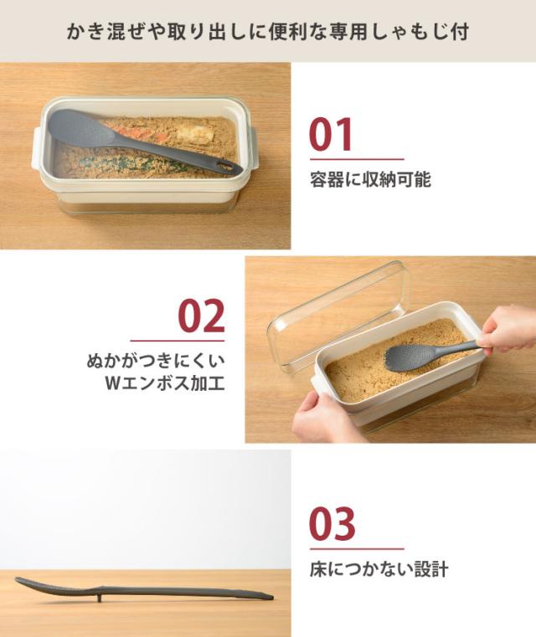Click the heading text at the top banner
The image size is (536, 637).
click(x=268, y=31)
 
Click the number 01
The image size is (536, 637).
click(x=331, y=136)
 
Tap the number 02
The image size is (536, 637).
click(x=201, y=316)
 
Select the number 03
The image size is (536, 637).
click(x=332, y=524)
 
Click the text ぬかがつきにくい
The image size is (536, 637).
click(x=156, y=362)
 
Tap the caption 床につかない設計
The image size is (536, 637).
click(x=379, y=569)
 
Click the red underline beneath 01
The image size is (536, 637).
click(x=356, y=158)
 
